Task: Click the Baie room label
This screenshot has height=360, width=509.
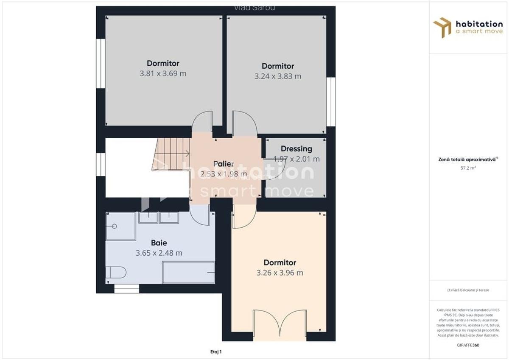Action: coord(159,243)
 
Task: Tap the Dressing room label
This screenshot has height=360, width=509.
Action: coord(296,149)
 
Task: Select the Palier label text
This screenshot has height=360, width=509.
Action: coord(224,164)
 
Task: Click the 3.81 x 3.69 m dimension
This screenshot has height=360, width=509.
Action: coord(163,73)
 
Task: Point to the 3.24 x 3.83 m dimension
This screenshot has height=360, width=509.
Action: coord(278,76)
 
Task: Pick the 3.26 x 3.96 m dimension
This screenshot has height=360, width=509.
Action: coord(280,273)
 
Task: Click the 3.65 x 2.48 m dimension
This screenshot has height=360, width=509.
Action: coord(159,253)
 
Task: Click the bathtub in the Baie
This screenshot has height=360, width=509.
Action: coord(188,272)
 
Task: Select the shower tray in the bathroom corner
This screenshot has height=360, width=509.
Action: coord(120,226)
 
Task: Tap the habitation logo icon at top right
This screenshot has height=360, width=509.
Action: coord(442,28)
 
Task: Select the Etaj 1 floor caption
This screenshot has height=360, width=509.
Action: coord(216,351)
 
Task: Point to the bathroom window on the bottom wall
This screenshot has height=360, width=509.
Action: coord(126,289)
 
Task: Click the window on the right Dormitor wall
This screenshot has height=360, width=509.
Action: coord(331,102)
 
